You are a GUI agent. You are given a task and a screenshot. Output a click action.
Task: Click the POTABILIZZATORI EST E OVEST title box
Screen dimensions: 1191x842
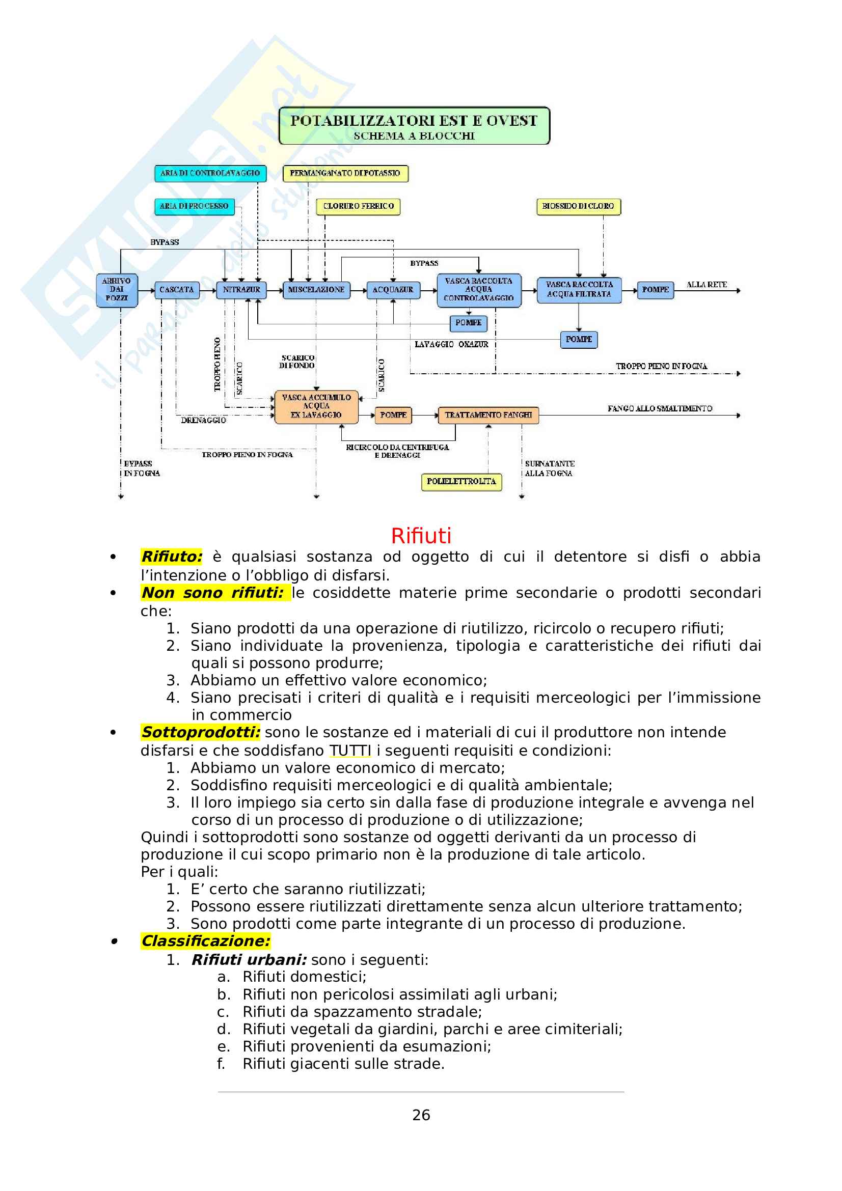pyautogui.click(x=414, y=126)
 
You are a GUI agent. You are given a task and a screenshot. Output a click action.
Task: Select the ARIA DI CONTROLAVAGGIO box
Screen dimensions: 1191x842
pyautogui.click(x=210, y=173)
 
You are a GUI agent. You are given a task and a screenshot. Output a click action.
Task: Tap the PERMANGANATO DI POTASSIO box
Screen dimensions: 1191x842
pyautogui.click(x=345, y=173)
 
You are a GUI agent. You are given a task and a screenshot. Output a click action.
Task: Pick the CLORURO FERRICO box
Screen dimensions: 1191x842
pyautogui.click(x=358, y=206)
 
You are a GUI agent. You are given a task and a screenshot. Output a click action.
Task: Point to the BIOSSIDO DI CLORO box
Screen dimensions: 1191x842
pyautogui.click(x=578, y=206)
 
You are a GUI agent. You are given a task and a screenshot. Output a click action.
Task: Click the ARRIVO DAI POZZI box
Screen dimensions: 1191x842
pyautogui.click(x=117, y=290)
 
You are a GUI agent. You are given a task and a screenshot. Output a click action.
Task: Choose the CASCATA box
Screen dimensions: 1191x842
pyautogui.click(x=176, y=290)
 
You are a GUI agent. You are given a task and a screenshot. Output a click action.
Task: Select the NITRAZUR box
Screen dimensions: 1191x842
pyautogui.click(x=241, y=290)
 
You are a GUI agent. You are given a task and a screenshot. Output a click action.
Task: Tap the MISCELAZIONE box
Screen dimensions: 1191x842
pyautogui.click(x=316, y=290)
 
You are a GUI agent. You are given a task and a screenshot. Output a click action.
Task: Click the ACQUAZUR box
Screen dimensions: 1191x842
pyautogui.click(x=393, y=290)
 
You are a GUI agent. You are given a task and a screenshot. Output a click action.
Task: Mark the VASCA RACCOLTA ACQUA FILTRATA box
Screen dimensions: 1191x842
pyautogui.click(x=579, y=290)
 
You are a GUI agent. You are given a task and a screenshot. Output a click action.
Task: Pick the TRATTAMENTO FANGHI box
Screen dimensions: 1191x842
pyautogui.click(x=488, y=415)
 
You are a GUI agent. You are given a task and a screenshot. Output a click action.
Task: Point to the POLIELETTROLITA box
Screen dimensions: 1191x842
pyautogui.click(x=461, y=481)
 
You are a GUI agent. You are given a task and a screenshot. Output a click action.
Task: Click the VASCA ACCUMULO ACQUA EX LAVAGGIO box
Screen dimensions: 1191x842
pyautogui.click(x=316, y=407)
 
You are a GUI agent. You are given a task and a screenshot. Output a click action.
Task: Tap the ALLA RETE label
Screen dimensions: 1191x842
pyautogui.click(x=707, y=285)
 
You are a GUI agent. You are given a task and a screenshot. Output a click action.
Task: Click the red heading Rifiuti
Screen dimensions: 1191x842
pyautogui.click(x=421, y=535)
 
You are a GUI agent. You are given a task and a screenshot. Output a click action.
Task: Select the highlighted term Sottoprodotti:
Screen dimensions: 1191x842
pyautogui.click(x=200, y=732)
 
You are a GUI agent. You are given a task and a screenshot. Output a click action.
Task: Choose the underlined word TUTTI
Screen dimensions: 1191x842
pyautogui.click(x=350, y=750)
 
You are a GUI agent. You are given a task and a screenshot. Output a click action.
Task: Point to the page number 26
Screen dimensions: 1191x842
pyautogui.click(x=421, y=1115)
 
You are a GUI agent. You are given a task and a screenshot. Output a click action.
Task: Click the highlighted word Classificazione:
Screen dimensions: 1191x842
pyautogui.click(x=205, y=940)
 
